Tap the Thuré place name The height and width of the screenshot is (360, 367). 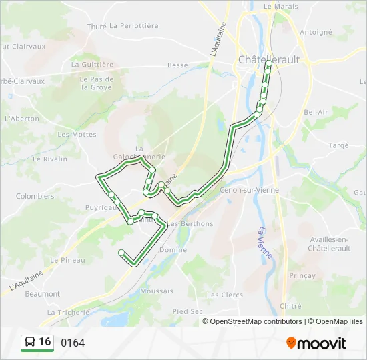click(97, 27)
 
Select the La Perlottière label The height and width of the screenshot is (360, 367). click(134, 26)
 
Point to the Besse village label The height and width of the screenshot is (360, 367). click(177, 65)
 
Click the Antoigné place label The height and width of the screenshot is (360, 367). click(316, 31)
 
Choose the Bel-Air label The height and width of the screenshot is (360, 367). click(316, 112)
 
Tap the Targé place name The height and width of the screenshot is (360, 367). click(338, 145)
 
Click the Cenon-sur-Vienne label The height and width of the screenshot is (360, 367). click(250, 190)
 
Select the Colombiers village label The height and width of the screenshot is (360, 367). click(35, 197)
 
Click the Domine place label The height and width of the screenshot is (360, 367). click(173, 250)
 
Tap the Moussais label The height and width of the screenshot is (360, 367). click(157, 291)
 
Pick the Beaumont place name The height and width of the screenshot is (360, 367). click(43, 294)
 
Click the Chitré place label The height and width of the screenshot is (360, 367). click(291, 306)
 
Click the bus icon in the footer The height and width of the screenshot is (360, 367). click(29, 343)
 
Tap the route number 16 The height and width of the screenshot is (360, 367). click(45, 342)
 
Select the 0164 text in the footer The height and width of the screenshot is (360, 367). click(73, 343)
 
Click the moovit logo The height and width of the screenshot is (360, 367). click(316, 343)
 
